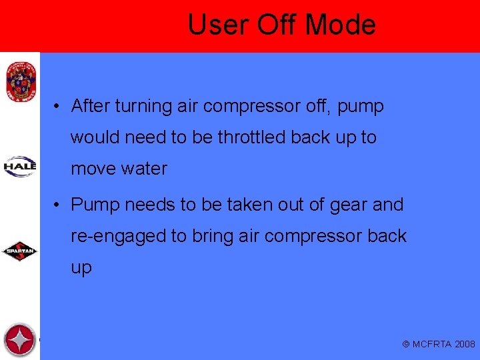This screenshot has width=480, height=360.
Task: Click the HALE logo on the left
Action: pyautogui.click(x=20, y=166)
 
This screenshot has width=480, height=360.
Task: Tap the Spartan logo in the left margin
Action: pyautogui.click(x=20, y=251)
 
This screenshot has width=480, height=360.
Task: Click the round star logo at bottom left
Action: pyautogui.click(x=19, y=340)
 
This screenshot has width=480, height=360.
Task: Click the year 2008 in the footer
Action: pyautogui.click(x=465, y=344)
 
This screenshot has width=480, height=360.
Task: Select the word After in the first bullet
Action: pyautogui.click(x=91, y=106)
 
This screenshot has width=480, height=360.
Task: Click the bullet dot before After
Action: pyautogui.click(x=59, y=107)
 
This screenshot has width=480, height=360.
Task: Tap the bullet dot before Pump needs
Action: pyautogui.click(x=59, y=205)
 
